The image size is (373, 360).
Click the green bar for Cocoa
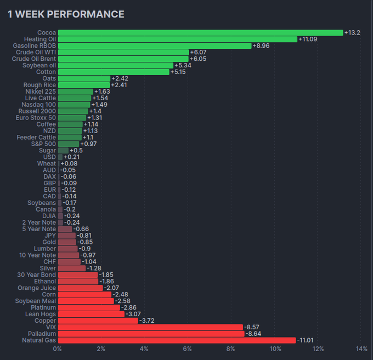pos(200,33)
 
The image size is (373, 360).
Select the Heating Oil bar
pos(177,39)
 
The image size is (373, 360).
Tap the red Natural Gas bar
pos(177,340)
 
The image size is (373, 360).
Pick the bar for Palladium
pos(151,334)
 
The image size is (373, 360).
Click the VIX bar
pos(150,327)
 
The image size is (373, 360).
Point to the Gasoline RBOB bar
pos(154,46)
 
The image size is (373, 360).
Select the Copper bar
pos(98,321)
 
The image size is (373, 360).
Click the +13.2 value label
pos(352,33)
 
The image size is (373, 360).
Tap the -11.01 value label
pos(306,340)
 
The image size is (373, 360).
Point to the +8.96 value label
pos(261,46)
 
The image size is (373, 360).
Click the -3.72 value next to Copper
pos(148,321)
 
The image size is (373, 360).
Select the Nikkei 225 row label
pos(39,92)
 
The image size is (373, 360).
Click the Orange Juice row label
pos(37,288)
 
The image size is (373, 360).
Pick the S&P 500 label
pos(43,144)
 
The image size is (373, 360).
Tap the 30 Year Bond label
pos(37,275)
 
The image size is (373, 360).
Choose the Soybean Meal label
pos(35,301)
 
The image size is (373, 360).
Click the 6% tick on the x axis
pos(188,349)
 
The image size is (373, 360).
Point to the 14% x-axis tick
pos(361,349)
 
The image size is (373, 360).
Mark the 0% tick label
pos(58,349)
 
